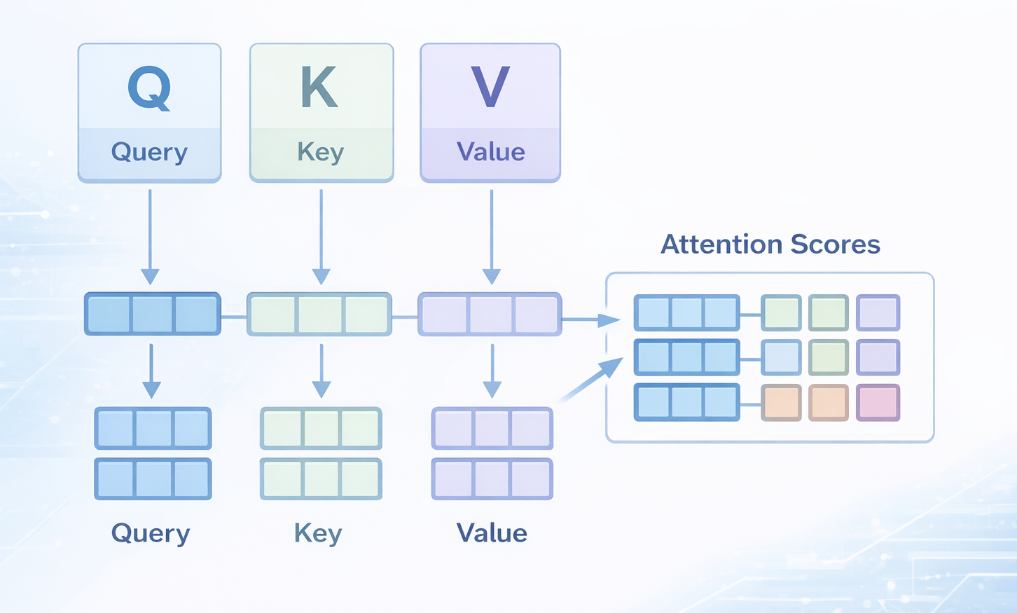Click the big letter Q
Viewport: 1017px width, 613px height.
[x=149, y=88]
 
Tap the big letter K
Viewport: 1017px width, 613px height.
[x=319, y=88]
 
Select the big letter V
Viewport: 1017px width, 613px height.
[x=490, y=88]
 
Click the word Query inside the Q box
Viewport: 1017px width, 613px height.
[x=149, y=152]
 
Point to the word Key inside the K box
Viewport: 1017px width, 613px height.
[x=321, y=152]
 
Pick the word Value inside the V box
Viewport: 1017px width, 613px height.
[x=490, y=152]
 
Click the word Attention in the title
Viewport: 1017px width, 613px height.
[x=721, y=244]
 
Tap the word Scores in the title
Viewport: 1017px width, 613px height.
[x=835, y=244]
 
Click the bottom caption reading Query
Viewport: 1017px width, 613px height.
[x=151, y=533]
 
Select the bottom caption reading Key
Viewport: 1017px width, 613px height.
[x=318, y=533]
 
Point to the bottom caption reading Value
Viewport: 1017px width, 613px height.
[x=492, y=533]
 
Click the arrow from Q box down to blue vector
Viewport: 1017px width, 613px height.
[x=150, y=235]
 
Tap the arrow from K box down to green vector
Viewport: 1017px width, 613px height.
[x=321, y=235]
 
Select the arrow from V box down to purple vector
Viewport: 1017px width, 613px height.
[x=492, y=235]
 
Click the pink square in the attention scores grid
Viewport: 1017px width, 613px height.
[x=878, y=403]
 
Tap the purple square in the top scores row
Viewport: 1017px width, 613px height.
[x=878, y=312]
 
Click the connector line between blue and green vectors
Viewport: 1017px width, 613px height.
[x=234, y=317]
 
